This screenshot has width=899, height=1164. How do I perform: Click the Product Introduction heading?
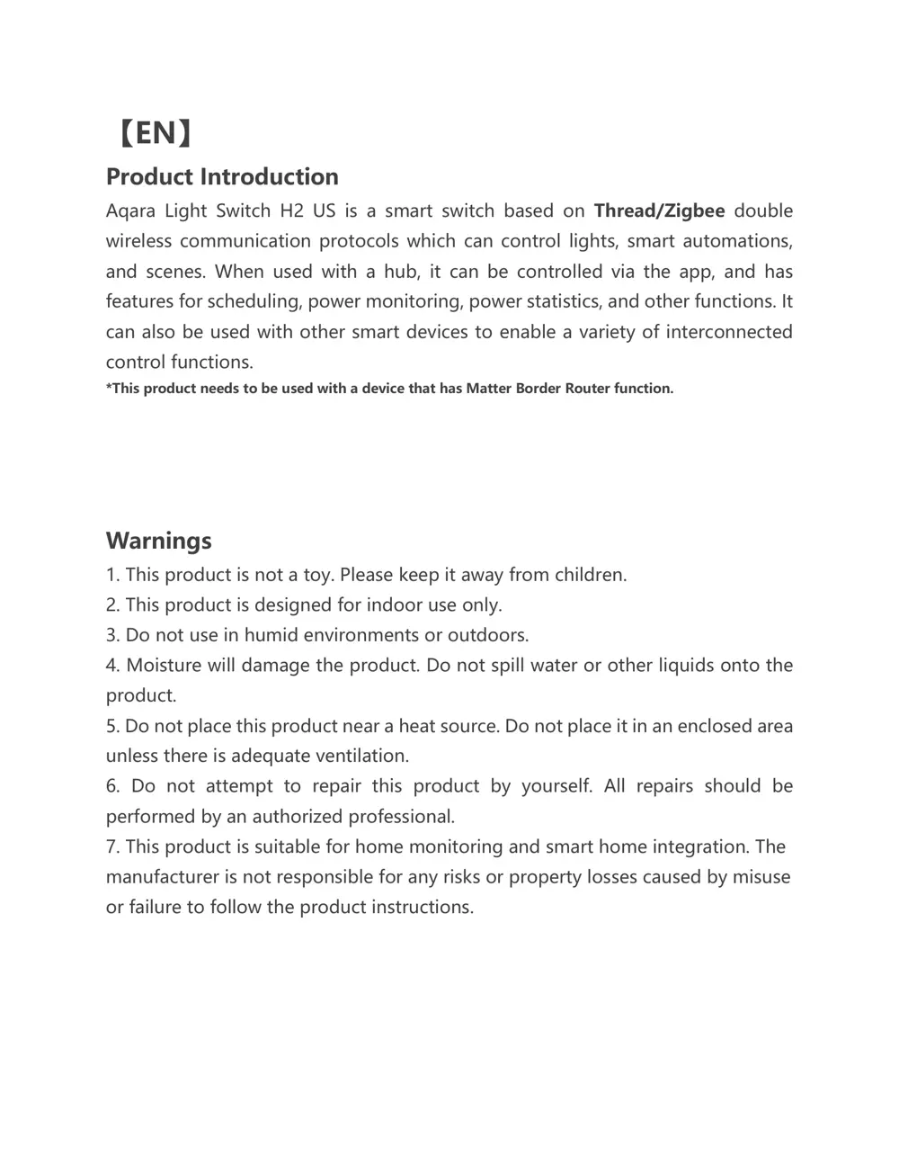point(222,176)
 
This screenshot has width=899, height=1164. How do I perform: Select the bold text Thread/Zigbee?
point(659,211)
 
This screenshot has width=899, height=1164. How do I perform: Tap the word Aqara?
point(130,211)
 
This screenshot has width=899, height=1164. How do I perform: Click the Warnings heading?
point(159,541)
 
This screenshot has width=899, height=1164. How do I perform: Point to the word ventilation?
point(363,756)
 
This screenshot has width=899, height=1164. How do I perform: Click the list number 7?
point(111,846)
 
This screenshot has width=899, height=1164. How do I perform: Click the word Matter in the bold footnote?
point(488,389)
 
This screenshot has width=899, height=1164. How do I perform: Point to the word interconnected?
point(729,332)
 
